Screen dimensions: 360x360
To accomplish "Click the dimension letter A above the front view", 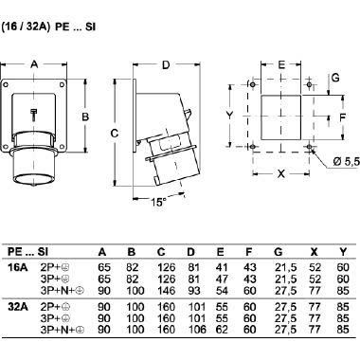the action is pos(34,64).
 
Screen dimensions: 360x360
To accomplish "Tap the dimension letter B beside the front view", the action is pos(85,117).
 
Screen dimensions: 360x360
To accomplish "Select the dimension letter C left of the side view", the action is pos(115,134).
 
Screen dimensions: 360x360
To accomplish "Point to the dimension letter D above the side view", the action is pos(166,65).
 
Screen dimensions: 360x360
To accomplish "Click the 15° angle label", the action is pos(158,202).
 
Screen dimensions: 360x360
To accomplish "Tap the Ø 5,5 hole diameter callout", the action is pos(347,162).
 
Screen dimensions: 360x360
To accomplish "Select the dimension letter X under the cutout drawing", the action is pos(280,173).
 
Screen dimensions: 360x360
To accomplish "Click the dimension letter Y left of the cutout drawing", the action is pos(230,116).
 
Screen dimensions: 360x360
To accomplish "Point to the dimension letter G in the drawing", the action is pos(335,78).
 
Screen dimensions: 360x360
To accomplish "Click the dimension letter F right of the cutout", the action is pos(343,117).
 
